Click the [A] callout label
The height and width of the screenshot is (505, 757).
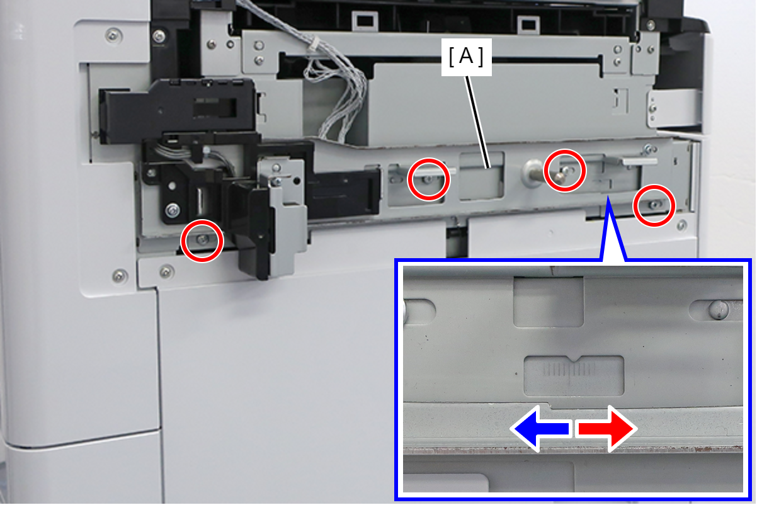[467, 57]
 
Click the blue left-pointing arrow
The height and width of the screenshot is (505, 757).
[542, 429]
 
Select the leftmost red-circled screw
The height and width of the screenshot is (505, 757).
[202, 240]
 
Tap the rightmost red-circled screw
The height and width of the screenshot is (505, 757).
[654, 205]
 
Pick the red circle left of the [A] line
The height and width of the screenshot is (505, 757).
[428, 179]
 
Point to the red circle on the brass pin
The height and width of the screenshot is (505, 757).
[565, 171]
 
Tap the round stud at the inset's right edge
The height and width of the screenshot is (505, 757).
[719, 309]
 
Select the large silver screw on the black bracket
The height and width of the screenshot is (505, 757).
[173, 210]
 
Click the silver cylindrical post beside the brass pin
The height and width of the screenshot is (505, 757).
[533, 173]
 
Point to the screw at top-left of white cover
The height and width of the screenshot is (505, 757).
[114, 35]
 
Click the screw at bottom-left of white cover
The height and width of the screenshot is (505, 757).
[120, 276]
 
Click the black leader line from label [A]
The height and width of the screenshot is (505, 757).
[477, 122]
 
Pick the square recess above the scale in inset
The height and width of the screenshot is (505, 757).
[548, 302]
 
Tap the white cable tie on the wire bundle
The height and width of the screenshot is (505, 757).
[315, 43]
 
